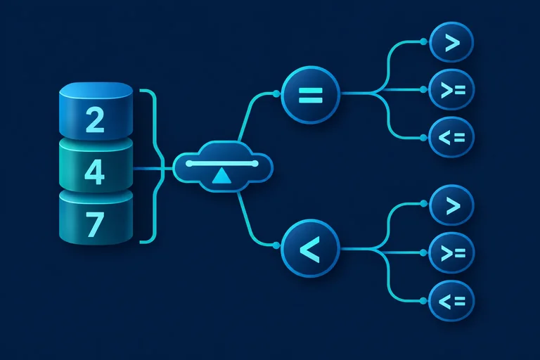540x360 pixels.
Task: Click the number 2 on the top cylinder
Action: click(x=95, y=120)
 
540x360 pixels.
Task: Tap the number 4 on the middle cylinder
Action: click(x=94, y=172)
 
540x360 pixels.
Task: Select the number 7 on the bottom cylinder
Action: click(x=95, y=224)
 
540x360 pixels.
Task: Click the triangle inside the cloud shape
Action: click(x=221, y=176)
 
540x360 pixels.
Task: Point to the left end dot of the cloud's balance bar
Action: click(x=189, y=163)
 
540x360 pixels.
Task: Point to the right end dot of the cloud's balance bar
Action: click(x=255, y=163)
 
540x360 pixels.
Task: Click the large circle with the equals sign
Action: click(x=311, y=95)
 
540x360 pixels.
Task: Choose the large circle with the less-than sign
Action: click(x=311, y=248)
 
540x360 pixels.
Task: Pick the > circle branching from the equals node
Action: click(x=451, y=42)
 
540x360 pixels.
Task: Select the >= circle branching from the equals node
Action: click(x=451, y=89)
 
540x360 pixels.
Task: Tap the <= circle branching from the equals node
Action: click(x=451, y=137)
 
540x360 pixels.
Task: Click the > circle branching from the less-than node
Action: click(x=451, y=205)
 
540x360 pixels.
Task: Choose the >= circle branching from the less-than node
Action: click(x=451, y=253)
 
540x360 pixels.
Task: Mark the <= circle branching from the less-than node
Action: click(x=451, y=301)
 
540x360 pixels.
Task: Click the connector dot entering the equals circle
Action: click(x=276, y=94)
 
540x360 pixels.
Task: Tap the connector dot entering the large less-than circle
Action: click(x=276, y=245)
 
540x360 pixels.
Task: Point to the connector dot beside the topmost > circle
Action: click(x=423, y=41)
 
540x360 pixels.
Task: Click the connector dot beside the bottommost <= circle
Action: click(x=423, y=301)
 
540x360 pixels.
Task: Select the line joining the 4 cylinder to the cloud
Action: click(x=153, y=169)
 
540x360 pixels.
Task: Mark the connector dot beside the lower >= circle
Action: click(x=423, y=253)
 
